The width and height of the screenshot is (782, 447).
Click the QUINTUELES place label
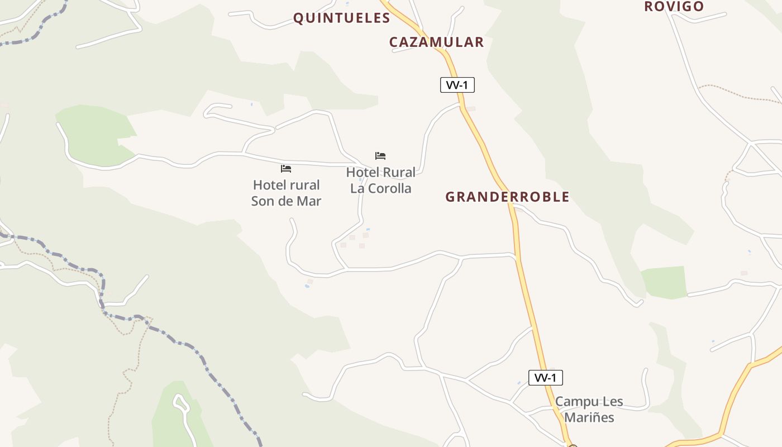click(x=341, y=18)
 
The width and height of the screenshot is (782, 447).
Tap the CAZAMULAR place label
click(x=436, y=42)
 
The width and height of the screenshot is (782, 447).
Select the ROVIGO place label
click(x=674, y=6)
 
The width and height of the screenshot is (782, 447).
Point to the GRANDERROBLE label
click(x=507, y=197)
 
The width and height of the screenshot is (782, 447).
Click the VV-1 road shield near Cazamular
click(x=457, y=85)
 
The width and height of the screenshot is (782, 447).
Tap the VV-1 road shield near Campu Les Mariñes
click(x=545, y=378)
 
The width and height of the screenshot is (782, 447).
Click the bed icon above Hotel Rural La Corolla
click(x=380, y=156)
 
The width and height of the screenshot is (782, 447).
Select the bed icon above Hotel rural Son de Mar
click(x=286, y=169)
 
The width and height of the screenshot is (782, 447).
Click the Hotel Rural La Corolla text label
click(x=380, y=180)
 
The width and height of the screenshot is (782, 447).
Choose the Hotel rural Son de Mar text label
click(x=286, y=193)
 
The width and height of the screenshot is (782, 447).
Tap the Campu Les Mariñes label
click(x=589, y=410)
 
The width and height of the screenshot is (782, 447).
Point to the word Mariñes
click(x=589, y=417)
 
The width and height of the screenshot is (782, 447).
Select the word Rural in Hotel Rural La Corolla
click(x=398, y=172)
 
